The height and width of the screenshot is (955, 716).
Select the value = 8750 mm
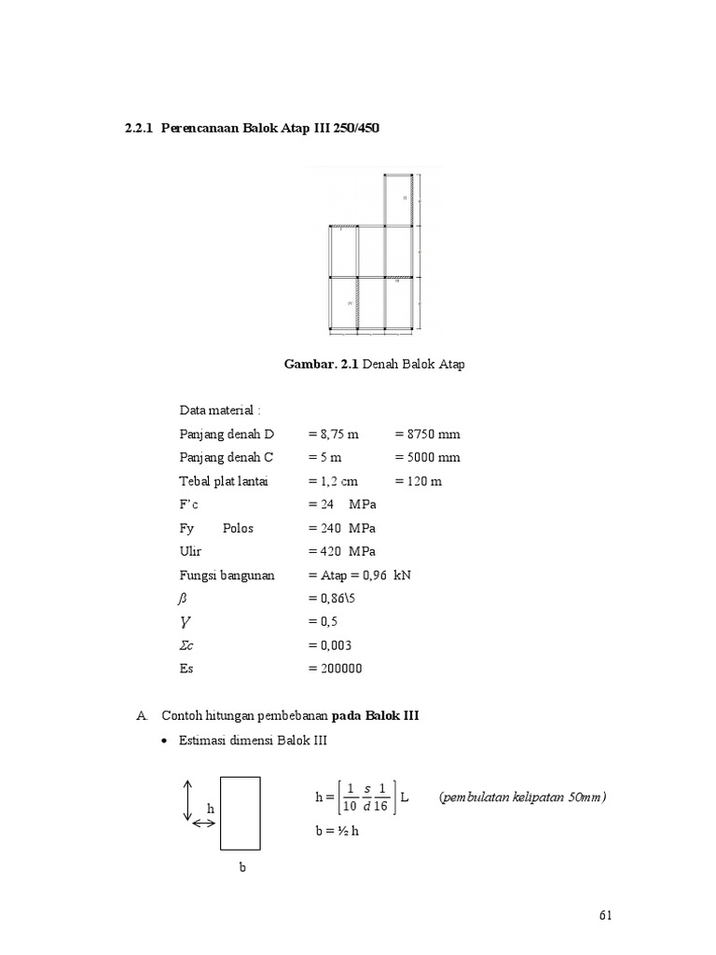pyautogui.click(x=427, y=435)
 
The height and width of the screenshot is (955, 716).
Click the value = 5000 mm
pyautogui.click(x=427, y=458)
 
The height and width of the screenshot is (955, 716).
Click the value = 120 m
pyautogui.click(x=418, y=481)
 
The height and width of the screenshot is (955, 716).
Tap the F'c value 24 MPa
pyautogui.click(x=342, y=505)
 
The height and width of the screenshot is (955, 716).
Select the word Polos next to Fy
pyautogui.click(x=238, y=528)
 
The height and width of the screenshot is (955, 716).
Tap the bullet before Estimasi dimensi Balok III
pyautogui.click(x=165, y=741)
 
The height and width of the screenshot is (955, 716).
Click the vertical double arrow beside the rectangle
pyautogui.click(x=187, y=801)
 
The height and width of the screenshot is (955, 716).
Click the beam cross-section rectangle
pyautogui.click(x=240, y=813)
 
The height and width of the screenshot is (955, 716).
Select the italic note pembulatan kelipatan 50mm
pyautogui.click(x=522, y=797)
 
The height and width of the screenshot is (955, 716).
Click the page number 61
pyautogui.click(x=606, y=916)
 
